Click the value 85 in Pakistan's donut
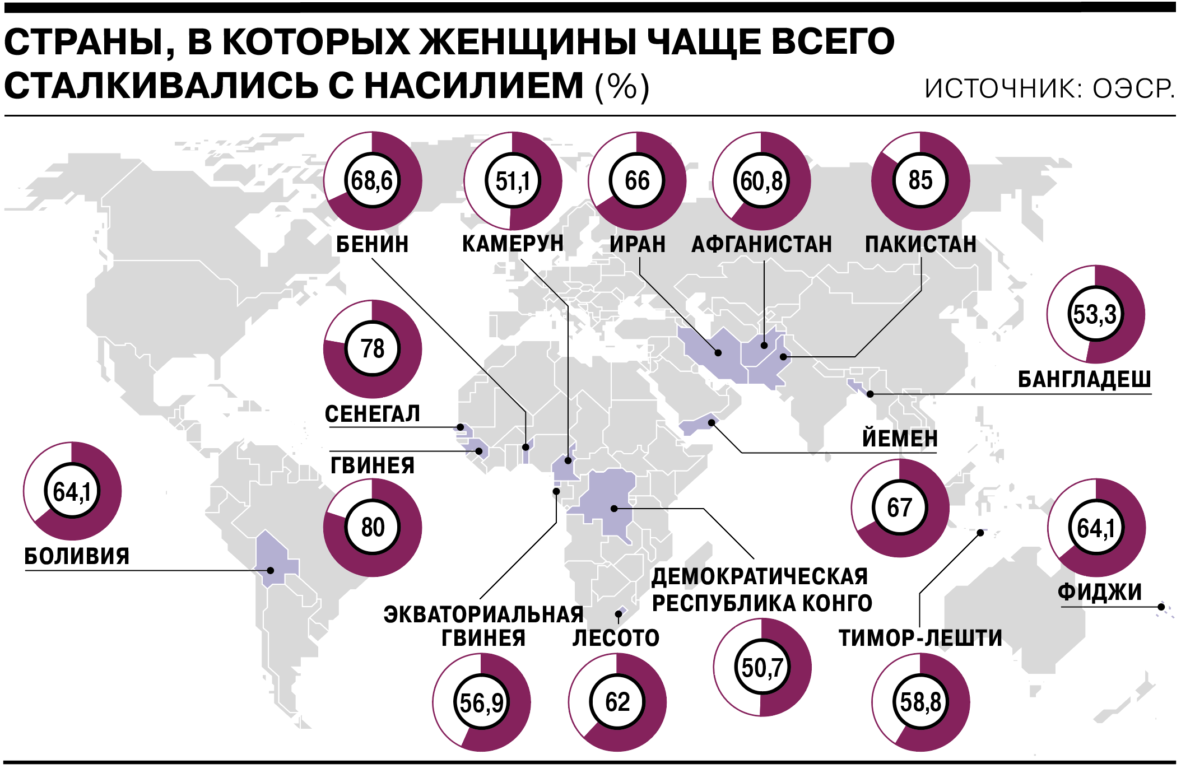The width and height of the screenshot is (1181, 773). [x=920, y=180]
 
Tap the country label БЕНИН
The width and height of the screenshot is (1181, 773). [x=372, y=245]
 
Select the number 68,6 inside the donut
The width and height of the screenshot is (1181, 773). [x=372, y=181]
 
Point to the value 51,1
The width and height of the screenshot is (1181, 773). [x=513, y=181]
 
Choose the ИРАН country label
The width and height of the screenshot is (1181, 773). [x=638, y=245]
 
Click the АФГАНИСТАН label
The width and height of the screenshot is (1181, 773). [x=761, y=245]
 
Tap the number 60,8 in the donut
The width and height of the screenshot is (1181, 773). [x=761, y=181]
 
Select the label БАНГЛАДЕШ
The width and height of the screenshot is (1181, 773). [x=1084, y=380]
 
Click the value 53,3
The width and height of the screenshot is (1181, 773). [x=1095, y=314]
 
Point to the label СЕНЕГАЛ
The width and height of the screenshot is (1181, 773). [x=372, y=415]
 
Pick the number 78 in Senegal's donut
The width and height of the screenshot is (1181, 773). [x=373, y=349]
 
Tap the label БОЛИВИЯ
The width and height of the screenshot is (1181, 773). [x=77, y=557]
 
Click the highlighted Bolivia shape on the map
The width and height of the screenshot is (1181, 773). [x=275, y=560]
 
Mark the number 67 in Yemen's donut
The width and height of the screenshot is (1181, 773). [x=900, y=508]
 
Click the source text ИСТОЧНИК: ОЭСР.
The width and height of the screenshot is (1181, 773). [x=1049, y=89]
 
